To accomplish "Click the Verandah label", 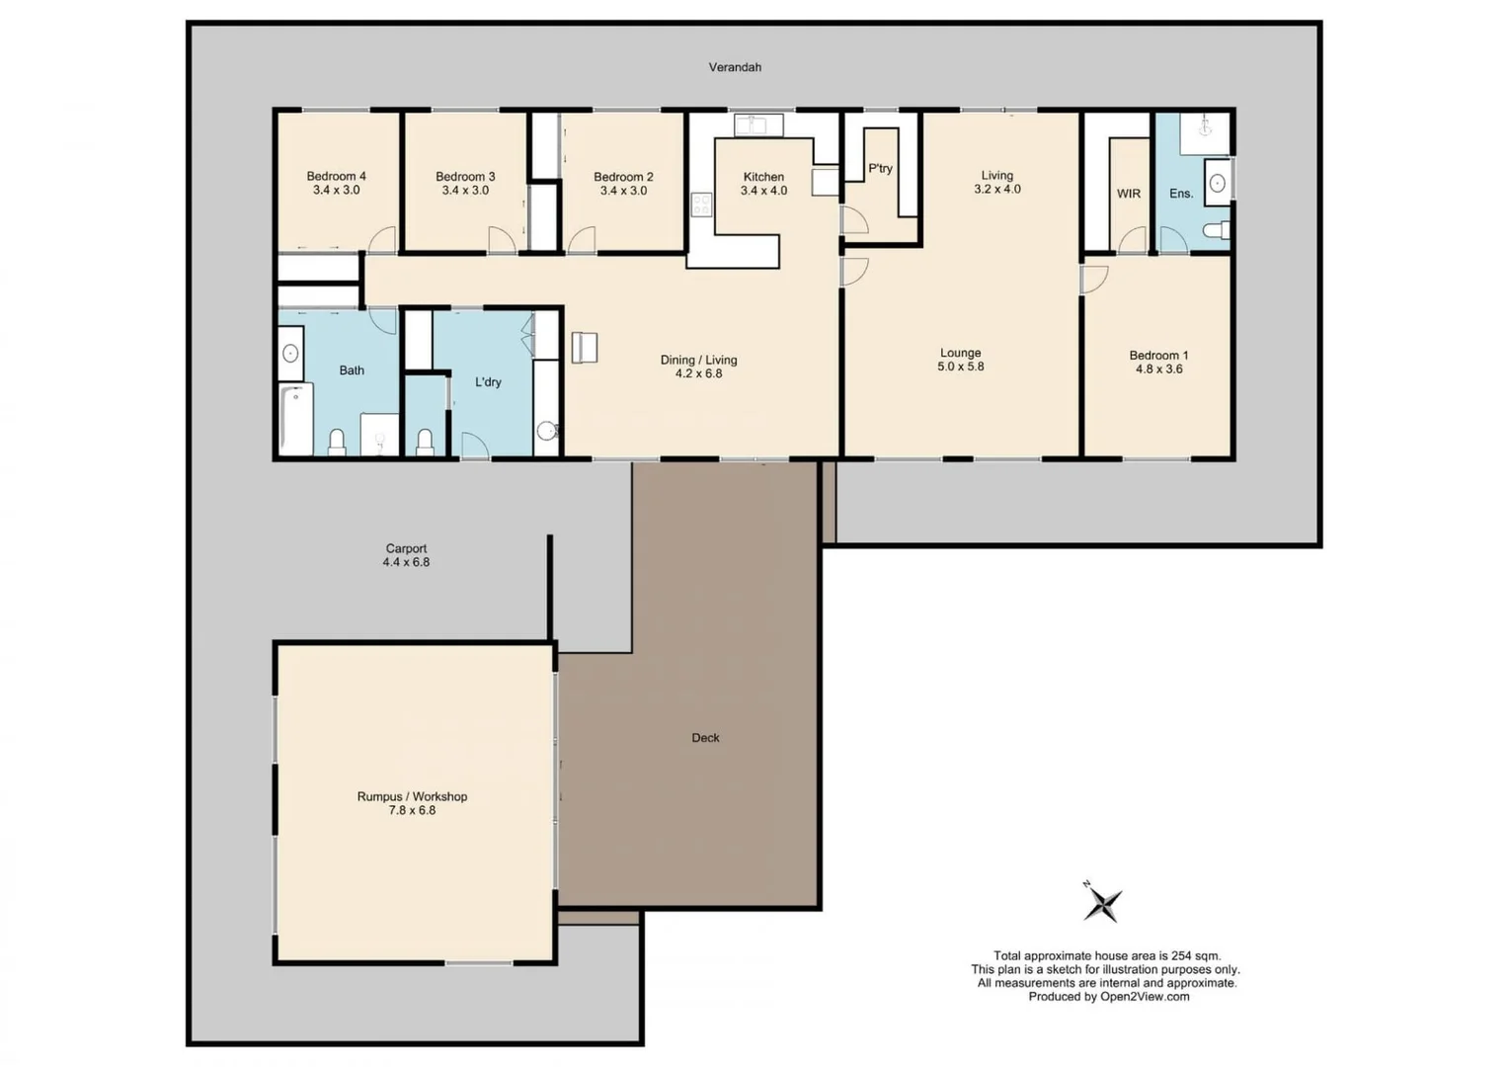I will point(735,67).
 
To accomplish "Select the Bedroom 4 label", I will point(336,177).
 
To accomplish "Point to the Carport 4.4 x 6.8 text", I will point(406,555).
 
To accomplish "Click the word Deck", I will point(705,738).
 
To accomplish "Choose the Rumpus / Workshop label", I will point(412,796).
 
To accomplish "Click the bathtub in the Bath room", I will point(296,419).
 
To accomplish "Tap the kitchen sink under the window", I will point(757,125).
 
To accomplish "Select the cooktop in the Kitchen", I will point(701,205).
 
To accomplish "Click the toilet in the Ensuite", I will point(1216,230).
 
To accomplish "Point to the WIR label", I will point(1129,194).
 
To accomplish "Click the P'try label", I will point(880,169).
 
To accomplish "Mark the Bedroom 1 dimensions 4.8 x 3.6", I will point(1158,369).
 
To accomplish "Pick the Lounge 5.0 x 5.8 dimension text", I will point(960,367).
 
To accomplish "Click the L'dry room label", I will point(488,382).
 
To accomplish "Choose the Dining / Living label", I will point(698,360).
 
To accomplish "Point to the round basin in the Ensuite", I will point(1218,184).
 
